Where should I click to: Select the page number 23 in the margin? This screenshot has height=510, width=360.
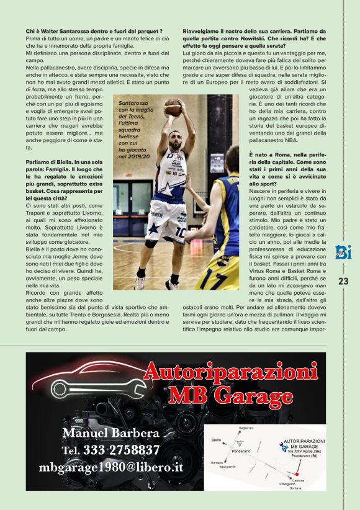(x=343, y=281)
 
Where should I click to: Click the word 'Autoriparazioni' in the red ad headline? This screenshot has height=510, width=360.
(x=230, y=374)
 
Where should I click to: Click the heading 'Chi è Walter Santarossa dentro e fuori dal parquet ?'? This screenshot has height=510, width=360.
(x=94, y=30)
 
